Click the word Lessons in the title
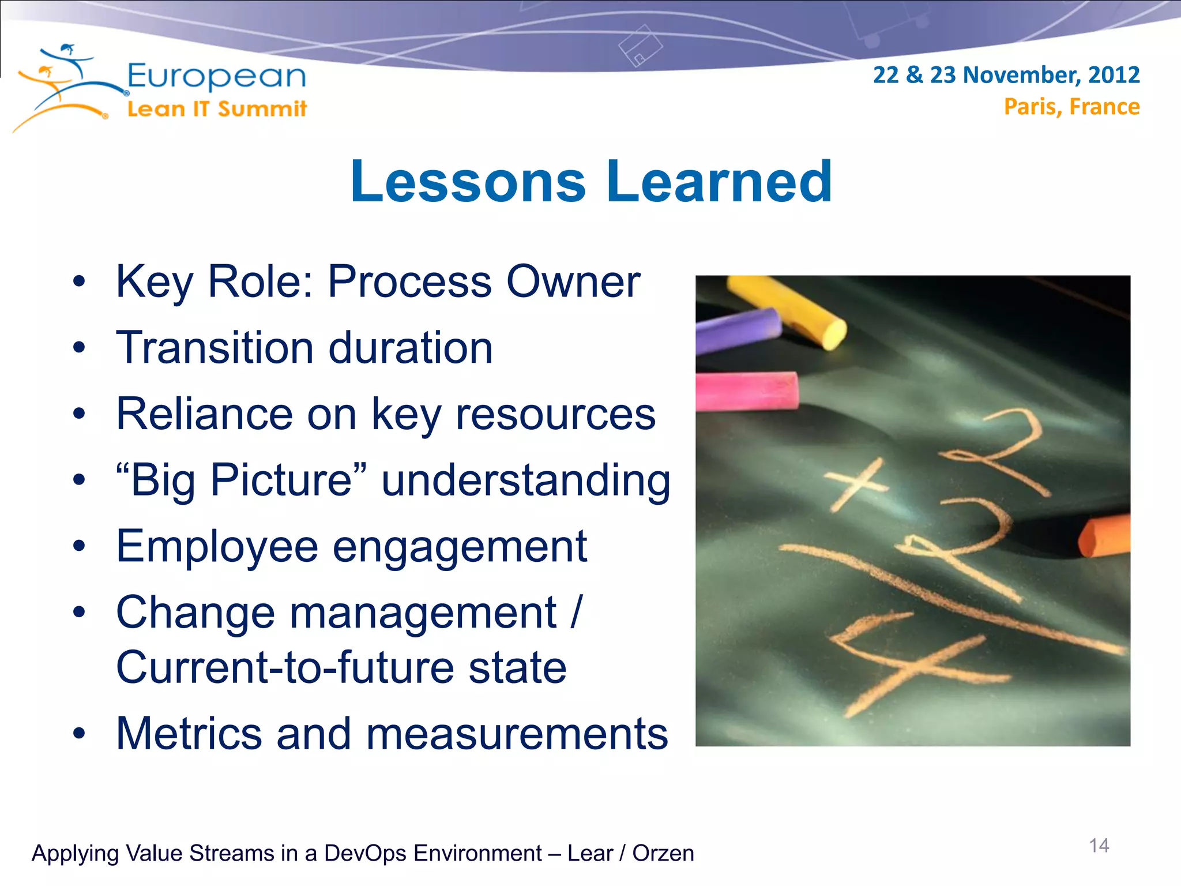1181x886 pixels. [468, 182]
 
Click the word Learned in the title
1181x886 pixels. [719, 182]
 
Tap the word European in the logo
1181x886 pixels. [216, 77]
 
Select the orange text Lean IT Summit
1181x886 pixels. [217, 109]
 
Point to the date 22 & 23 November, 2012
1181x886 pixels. [1006, 75]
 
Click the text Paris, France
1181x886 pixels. [1071, 107]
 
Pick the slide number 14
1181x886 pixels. [1099, 846]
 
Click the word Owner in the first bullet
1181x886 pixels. [573, 282]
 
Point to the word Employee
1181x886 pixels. [217, 546]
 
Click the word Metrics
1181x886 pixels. [189, 734]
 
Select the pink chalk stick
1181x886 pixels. [746, 391]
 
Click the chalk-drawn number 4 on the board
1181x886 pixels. [911, 663]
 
